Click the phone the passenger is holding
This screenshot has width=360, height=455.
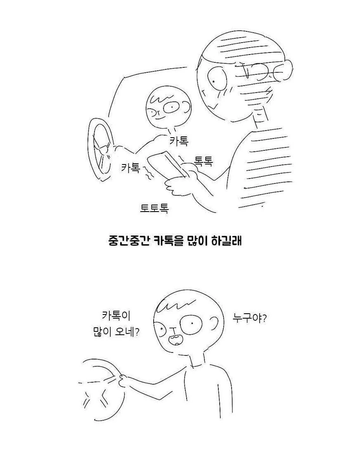[168, 165]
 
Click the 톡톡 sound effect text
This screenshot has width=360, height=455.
[203, 161]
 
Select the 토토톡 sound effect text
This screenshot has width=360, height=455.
[154, 208]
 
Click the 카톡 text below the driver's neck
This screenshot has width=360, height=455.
[179, 141]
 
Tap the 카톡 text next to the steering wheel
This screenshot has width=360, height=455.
[131, 167]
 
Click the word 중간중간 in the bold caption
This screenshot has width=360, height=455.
[127, 241]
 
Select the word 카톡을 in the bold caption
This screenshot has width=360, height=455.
[164, 241]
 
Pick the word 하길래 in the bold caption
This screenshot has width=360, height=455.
[227, 241]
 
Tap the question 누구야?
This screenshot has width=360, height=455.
[250, 319]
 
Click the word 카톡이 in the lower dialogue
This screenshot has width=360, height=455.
[116, 315]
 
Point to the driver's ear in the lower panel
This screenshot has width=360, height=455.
[215, 324]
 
